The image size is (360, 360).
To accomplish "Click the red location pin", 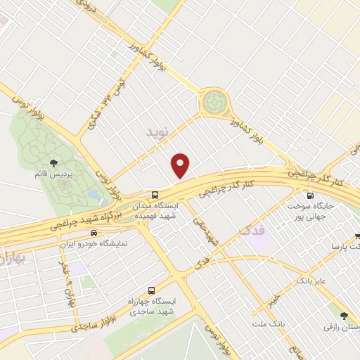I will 181,165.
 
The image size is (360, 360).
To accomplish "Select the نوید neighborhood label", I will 158,131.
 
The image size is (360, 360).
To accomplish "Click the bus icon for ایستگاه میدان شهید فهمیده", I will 155,195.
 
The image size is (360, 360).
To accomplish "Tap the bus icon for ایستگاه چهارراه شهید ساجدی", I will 153,289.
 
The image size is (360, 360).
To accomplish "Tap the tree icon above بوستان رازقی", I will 343,316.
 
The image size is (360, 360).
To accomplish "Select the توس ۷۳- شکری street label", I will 103,112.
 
